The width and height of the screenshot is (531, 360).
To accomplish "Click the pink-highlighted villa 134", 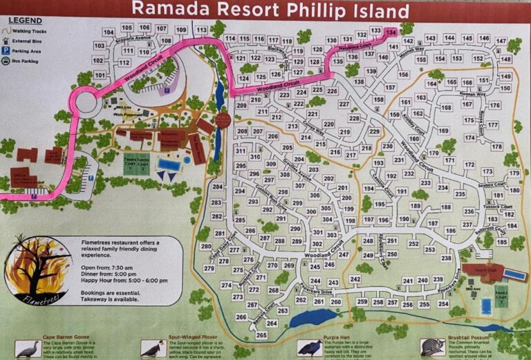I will point(392,32).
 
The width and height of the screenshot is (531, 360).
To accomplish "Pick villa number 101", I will point(99,75).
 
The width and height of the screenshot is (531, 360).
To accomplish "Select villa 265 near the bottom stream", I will point(261,335).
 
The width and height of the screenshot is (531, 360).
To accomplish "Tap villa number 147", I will point(502,41).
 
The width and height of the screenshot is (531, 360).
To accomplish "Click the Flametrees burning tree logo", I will point(38,271).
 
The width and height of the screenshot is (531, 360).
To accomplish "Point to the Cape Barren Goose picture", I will point(27,349).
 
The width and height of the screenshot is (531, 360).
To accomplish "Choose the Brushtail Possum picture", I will point(433,346).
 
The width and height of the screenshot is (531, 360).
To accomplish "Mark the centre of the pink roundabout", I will point(88,106).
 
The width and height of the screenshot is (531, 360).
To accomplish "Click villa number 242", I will point(355,279).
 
